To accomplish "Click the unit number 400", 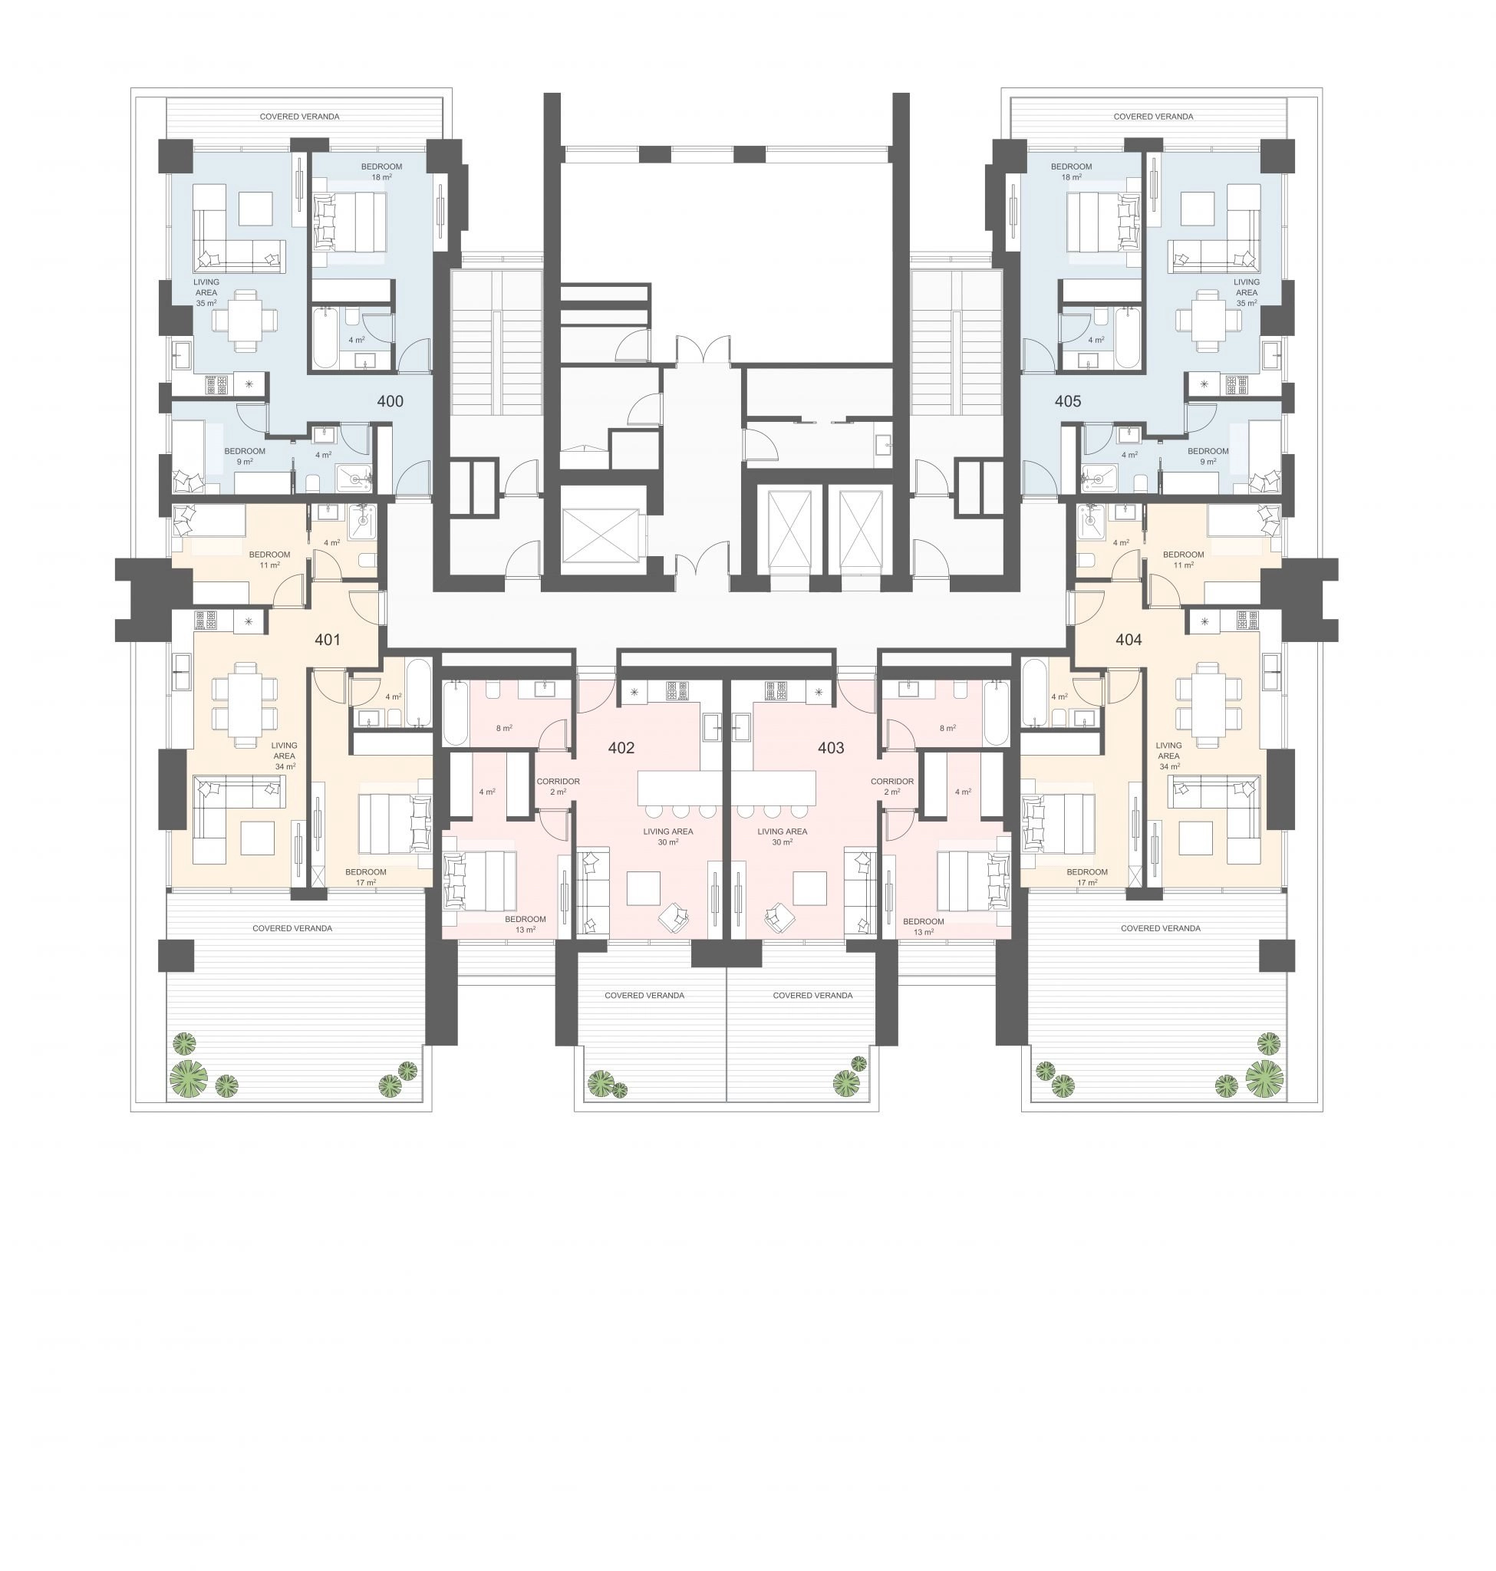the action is [390, 402].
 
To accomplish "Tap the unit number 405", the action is [1068, 402].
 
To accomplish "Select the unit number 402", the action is [621, 748].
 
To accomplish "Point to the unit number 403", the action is [831, 748].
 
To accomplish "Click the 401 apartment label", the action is [328, 640].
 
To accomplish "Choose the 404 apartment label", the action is [1129, 640].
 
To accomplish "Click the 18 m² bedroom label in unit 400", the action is [381, 173].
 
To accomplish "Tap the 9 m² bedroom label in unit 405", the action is [1208, 456].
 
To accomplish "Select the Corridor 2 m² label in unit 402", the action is [559, 786].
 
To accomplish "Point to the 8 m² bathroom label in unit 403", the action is [947, 728].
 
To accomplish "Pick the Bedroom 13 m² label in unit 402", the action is [526, 924].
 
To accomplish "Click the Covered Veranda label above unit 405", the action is [1153, 117].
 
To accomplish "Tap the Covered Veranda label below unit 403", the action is [812, 995].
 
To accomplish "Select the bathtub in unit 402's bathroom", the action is [456, 713].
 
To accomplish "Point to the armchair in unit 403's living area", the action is [779, 918].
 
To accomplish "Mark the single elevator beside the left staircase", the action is [601, 535].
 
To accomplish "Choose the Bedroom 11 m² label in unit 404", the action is [1184, 560].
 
